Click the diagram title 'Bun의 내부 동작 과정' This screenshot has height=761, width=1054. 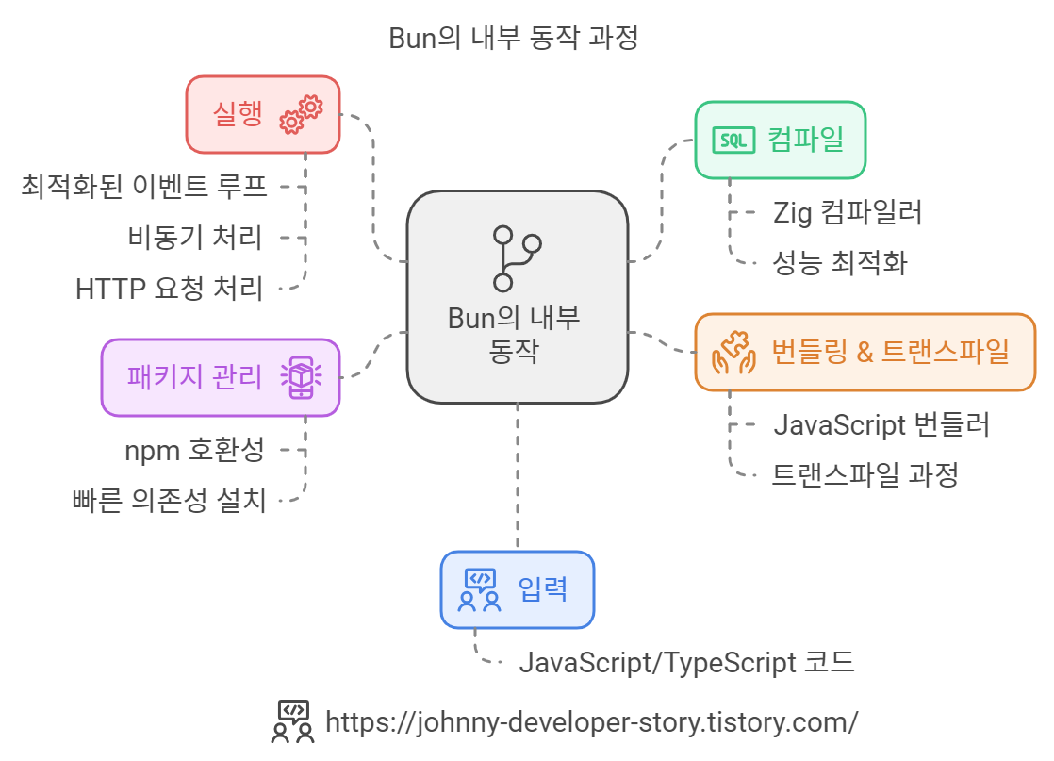point(514,38)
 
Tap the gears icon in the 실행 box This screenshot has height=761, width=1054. point(302,114)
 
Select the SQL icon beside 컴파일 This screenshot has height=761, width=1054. point(733,141)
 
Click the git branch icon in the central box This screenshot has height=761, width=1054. point(517,256)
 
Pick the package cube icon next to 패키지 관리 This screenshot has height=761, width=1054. point(301,377)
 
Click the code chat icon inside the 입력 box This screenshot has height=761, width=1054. point(479,589)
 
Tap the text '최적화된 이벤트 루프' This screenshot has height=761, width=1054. point(144,186)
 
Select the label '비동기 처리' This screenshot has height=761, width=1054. point(195,237)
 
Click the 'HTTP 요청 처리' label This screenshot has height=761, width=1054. point(170,288)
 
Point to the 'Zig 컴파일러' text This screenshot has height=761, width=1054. point(848,212)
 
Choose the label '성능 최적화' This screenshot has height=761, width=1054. point(840,262)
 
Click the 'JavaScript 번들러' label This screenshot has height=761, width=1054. point(881,424)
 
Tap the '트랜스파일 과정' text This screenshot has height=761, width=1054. point(865,474)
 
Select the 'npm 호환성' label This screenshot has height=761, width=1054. point(195,450)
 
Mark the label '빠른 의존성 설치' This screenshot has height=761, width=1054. point(170,500)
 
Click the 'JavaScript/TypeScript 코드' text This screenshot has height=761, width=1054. point(686,662)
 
